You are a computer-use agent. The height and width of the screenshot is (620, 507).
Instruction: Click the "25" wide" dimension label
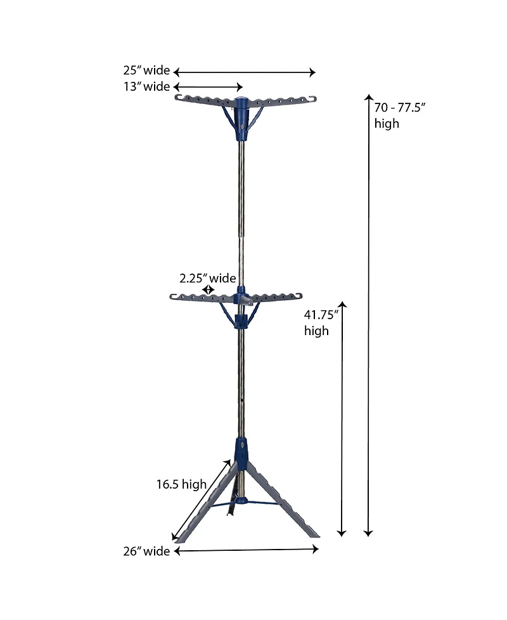146,70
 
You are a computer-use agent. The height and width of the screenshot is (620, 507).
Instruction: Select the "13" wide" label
146,86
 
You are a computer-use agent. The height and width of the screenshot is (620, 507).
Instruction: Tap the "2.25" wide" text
207,278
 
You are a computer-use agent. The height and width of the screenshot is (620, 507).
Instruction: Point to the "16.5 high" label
182,485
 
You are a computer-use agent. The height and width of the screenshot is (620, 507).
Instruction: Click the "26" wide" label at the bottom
146,551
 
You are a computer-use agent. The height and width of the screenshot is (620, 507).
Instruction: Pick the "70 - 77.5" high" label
399,115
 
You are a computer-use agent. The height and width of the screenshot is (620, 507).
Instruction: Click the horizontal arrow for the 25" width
244,72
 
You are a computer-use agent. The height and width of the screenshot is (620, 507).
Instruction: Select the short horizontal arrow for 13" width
208,87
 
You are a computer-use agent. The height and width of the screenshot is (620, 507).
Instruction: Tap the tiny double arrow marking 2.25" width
207,290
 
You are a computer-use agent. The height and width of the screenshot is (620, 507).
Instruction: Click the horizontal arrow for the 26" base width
246,551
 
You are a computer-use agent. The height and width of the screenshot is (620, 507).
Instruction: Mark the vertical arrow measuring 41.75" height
343,419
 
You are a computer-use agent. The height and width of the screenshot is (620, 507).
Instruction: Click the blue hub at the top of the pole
242,117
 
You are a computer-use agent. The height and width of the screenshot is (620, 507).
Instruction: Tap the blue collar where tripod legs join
241,450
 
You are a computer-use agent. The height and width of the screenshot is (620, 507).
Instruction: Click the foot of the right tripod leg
314,535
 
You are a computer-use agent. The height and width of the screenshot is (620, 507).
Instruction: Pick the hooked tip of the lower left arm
173,296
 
